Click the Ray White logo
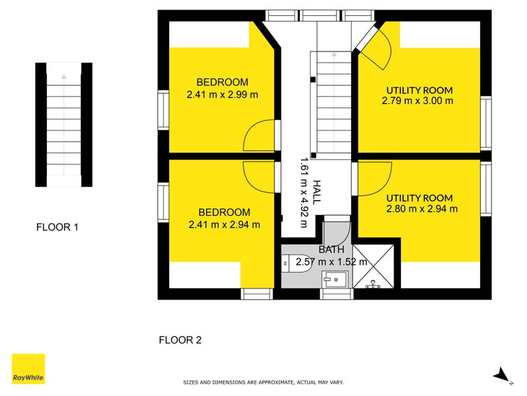pyautogui.click(x=28, y=369)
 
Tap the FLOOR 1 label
pyautogui.click(x=57, y=227)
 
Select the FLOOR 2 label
pyautogui.click(x=180, y=340)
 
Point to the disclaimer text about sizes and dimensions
pyautogui.click(x=263, y=383)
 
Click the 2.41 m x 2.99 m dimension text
pyautogui.click(x=223, y=94)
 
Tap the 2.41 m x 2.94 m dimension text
pyautogui.click(x=224, y=224)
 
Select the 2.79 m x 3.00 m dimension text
pyautogui.click(x=418, y=101)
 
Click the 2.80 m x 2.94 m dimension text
pyautogui.click(x=422, y=209)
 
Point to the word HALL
pyautogui.click(x=316, y=192)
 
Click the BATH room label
pyautogui.click(x=331, y=249)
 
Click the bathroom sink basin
pyautogui.click(x=335, y=279)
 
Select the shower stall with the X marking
pyautogui.click(x=374, y=267)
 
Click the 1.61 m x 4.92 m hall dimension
pyautogui.click(x=304, y=193)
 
